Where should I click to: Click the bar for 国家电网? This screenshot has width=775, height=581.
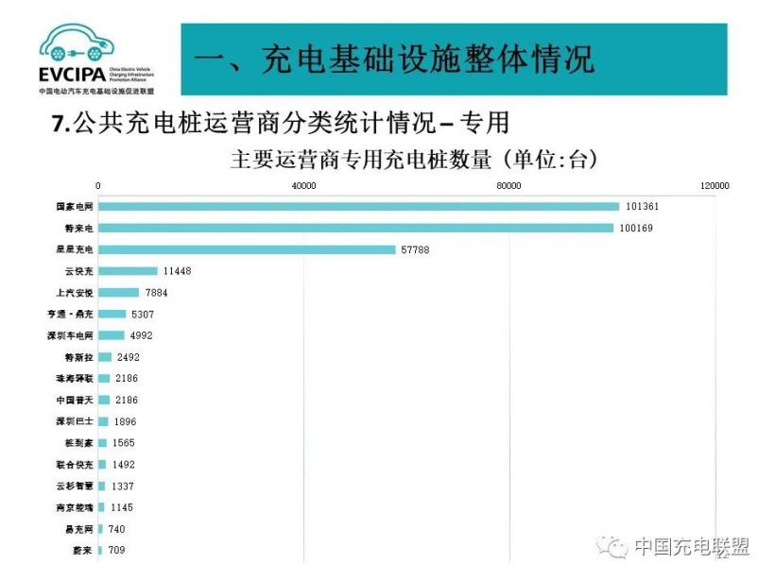pyautogui.click(x=358, y=206)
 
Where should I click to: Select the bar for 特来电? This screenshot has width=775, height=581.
pyautogui.click(x=355, y=228)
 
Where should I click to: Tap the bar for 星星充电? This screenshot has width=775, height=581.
pyautogui.click(x=247, y=249)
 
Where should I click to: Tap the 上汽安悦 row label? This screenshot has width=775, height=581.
pyautogui.click(x=76, y=293)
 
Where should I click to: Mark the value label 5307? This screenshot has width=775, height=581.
pyautogui.click(x=142, y=314)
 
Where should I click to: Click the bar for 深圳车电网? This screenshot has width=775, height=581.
pyautogui.click(x=112, y=335)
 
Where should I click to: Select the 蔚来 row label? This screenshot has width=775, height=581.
pyautogui.click(x=83, y=550)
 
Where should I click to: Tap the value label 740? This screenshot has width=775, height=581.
pyautogui.click(x=116, y=529)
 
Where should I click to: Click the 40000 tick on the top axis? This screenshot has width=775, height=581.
pyautogui.click(x=303, y=186)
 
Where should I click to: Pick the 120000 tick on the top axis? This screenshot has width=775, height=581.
pyautogui.click(x=714, y=186)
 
